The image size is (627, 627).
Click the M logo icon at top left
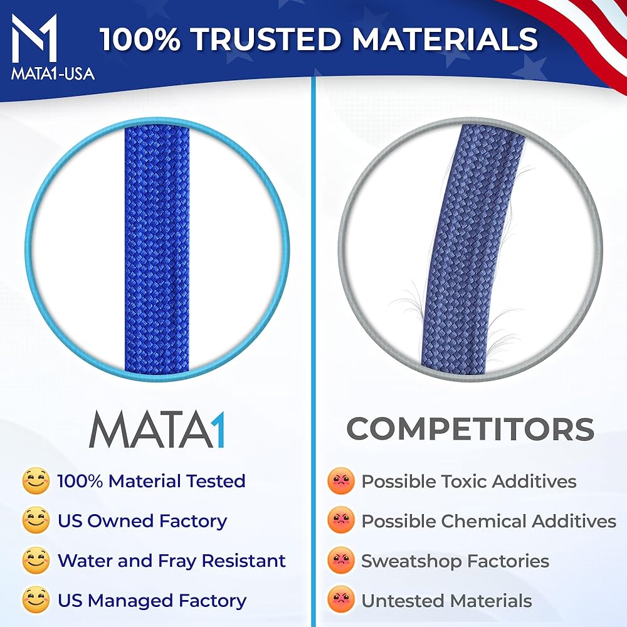point(34,38)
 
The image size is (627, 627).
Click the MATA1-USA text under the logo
point(53,73)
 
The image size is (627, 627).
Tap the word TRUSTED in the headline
point(265,39)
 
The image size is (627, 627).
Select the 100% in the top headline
point(140,39)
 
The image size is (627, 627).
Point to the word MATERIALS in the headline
point(445,39)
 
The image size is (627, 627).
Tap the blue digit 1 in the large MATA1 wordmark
point(218,430)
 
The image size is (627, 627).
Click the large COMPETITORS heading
point(470,429)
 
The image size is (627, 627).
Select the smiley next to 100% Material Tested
point(36,481)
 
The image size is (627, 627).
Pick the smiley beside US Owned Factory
point(36,520)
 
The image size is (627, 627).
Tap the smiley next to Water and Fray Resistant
point(36,560)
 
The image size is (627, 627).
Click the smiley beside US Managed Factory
point(36,600)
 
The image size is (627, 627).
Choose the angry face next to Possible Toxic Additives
point(340,481)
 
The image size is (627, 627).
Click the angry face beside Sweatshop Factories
point(340,560)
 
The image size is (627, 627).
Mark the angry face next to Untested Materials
point(340,600)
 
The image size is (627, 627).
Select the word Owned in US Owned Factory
point(121,520)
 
